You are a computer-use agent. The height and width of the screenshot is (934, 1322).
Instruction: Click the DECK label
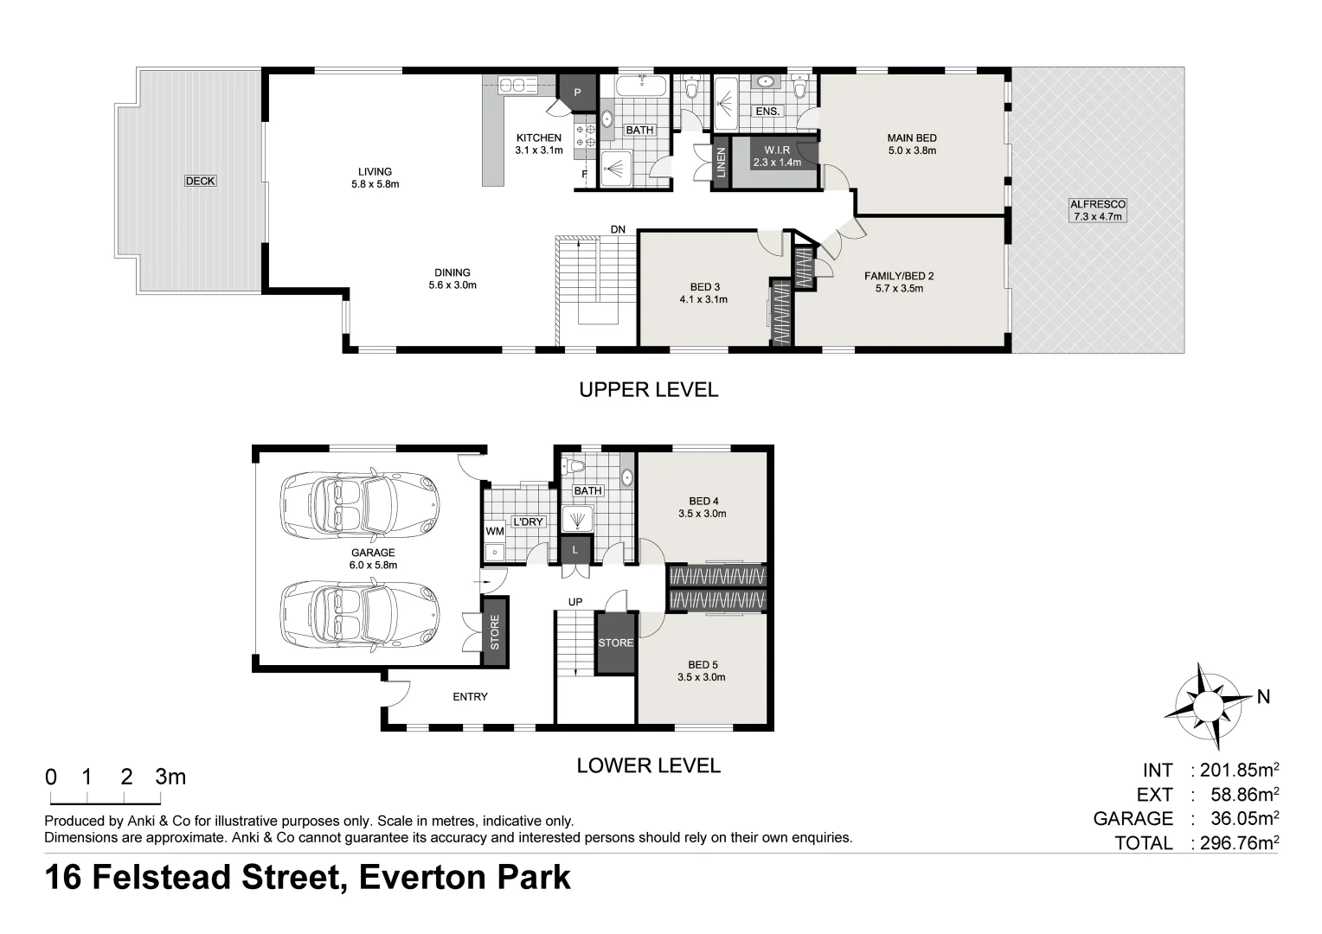200,181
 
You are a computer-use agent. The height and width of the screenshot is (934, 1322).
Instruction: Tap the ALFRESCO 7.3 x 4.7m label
1098,211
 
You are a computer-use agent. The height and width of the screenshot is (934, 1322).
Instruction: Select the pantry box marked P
577,93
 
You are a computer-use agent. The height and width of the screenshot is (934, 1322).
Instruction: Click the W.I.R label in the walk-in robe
777,150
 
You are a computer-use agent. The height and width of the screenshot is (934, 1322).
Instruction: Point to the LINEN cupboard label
721,163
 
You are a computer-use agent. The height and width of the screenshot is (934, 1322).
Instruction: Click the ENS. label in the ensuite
767,111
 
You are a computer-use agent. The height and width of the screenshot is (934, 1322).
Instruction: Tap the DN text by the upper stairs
618,229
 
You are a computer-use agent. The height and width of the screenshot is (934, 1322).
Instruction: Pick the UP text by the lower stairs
575,602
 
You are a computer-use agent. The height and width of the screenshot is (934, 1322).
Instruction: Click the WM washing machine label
495,531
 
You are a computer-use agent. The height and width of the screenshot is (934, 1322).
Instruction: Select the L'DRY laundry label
528,521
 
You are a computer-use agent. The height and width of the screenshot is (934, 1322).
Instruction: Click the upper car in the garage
360,504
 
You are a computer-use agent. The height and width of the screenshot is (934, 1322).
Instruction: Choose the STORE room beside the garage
495,632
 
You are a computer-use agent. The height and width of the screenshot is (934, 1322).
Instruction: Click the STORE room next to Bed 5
615,643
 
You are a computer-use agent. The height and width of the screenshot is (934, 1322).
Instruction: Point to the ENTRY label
471,697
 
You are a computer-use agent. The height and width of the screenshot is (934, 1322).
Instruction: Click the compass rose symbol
1208,706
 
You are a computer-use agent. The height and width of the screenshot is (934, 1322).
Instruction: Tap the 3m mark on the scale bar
170,777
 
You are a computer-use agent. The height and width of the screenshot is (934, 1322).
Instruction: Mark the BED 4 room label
703,501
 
